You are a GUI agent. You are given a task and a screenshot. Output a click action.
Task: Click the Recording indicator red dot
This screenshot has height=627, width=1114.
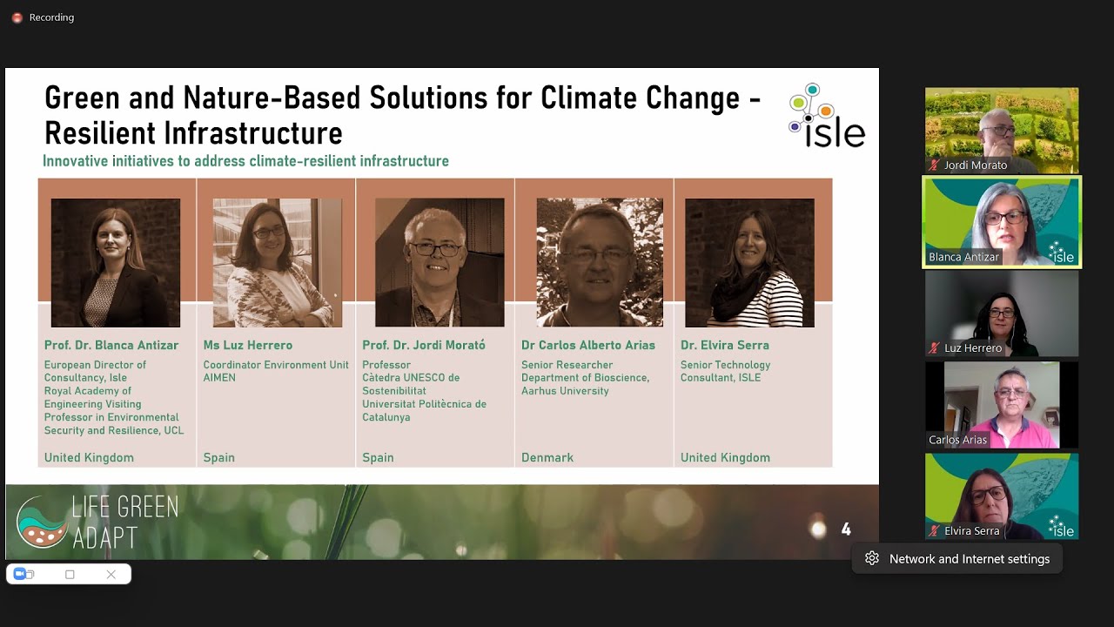(x=17, y=17)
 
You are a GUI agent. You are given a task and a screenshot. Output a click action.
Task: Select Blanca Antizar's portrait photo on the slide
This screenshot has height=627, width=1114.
(x=116, y=262)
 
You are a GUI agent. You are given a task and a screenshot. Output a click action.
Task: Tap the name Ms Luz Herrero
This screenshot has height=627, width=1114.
(x=247, y=346)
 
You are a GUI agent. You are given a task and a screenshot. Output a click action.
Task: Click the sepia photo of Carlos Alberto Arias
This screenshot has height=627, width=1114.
(x=600, y=262)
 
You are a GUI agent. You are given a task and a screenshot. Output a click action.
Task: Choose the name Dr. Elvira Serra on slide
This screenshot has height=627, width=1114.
(x=724, y=346)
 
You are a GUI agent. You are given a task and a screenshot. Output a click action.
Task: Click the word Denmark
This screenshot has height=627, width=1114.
(x=547, y=458)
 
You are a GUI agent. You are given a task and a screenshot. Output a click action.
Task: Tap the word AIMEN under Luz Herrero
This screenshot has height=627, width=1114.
(x=219, y=378)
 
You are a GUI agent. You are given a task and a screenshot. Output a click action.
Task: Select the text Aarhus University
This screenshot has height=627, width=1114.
(x=565, y=391)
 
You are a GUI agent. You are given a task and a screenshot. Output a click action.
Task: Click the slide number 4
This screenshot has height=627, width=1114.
(x=845, y=529)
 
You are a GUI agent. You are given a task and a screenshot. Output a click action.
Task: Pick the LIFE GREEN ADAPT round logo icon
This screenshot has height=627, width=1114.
(x=41, y=522)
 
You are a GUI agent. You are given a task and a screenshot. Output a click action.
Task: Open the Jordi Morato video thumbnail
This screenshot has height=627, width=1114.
(x=1001, y=130)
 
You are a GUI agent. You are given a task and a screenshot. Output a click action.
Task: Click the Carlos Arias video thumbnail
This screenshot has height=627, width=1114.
(x=1001, y=405)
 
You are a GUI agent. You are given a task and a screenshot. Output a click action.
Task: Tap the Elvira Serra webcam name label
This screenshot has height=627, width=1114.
(x=971, y=530)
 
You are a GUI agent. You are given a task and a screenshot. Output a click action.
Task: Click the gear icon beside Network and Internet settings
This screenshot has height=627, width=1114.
(x=872, y=559)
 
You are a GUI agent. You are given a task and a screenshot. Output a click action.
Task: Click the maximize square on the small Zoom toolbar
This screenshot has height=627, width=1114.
(x=70, y=575)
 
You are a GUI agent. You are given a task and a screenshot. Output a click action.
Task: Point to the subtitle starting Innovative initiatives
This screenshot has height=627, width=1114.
(x=245, y=161)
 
